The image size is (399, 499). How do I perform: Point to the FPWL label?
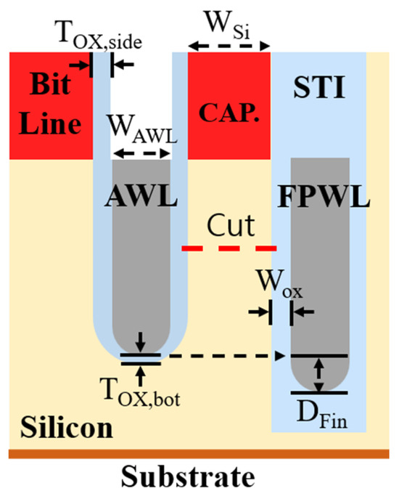[319, 196]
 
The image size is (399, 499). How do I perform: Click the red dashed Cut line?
[229, 248]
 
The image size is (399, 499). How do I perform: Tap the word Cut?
[228, 227]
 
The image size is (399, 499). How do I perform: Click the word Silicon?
[65, 427]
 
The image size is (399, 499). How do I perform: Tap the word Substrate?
[199, 477]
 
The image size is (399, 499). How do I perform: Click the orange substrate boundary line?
[199, 454]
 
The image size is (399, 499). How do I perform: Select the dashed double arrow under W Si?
[229, 44]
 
